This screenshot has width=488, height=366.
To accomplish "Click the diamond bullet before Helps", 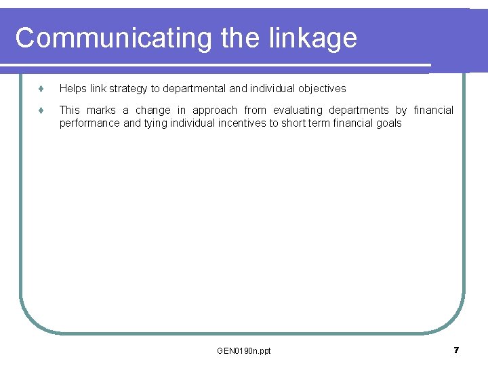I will tap(41, 89).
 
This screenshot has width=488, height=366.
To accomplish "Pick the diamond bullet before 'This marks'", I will tap(41, 110).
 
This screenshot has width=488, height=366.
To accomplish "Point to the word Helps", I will tap(73, 89).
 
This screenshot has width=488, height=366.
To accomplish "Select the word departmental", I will tap(195, 89).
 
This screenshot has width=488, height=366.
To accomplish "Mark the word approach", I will tap(215, 110).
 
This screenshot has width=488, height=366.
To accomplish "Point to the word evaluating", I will tap(298, 110).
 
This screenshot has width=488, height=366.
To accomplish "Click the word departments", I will tap(359, 110).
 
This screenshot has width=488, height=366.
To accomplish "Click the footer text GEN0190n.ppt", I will tap(244, 350).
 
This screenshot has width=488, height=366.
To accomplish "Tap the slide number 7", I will tap(456, 350).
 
